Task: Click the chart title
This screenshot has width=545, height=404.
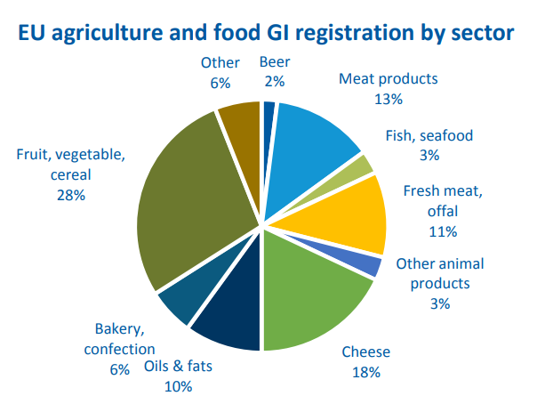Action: coord(272,34)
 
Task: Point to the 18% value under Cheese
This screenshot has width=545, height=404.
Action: coord(365,372)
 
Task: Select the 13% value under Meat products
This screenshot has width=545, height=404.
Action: coord(389,98)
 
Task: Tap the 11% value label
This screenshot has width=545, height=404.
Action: coord(442,231)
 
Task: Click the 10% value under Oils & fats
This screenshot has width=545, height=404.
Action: coord(177,386)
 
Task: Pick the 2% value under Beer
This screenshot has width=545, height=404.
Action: coord(274,82)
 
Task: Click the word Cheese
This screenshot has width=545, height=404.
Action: coord(366,352)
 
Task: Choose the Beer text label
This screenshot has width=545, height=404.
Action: coord(274,62)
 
